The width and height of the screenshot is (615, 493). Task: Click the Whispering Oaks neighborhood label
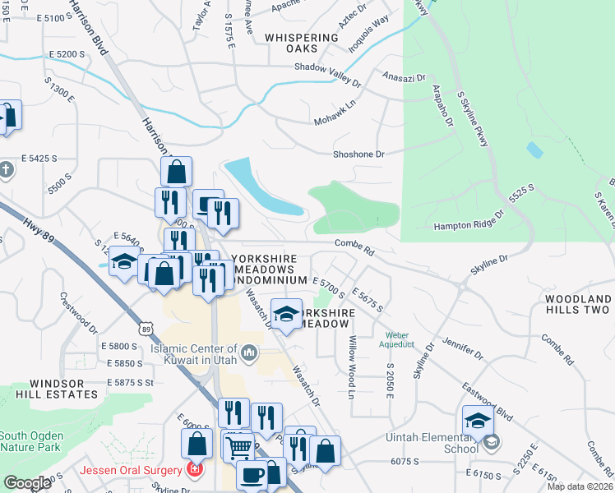click(x=302, y=43)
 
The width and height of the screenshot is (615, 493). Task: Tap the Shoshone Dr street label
click(x=358, y=154)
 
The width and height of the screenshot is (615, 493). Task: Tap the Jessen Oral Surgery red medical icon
click(x=195, y=470)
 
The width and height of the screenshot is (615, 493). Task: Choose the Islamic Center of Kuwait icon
click(x=250, y=354)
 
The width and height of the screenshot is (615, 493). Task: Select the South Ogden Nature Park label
click(x=30, y=442)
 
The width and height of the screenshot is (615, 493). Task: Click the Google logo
click(x=27, y=483)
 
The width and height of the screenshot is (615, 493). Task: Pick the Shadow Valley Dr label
click(x=327, y=75)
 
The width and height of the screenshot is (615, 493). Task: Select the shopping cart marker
click(x=238, y=447)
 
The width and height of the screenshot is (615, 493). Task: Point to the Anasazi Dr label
click(x=403, y=76)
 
